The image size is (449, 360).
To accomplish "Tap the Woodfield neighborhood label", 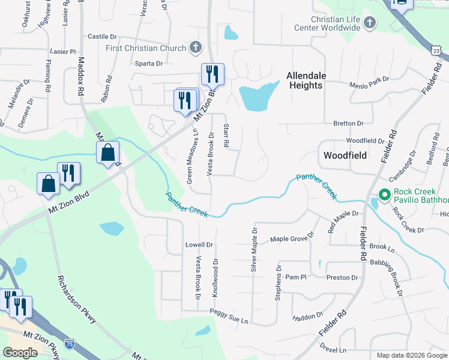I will click(345, 155).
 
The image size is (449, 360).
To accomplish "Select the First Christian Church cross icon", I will click(195, 47).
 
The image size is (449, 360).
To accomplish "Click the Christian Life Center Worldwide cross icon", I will click(370, 23).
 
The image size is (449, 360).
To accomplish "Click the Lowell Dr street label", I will click(199, 245).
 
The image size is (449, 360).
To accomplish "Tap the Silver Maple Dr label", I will click(254, 247).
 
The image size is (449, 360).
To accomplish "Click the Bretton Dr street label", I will click(348, 123).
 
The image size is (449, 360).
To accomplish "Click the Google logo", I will click(20, 353).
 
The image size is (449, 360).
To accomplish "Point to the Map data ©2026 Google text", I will click(411, 355).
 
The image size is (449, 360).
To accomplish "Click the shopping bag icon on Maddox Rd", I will click(108, 154).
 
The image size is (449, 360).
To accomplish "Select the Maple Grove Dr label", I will click(292, 238).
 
